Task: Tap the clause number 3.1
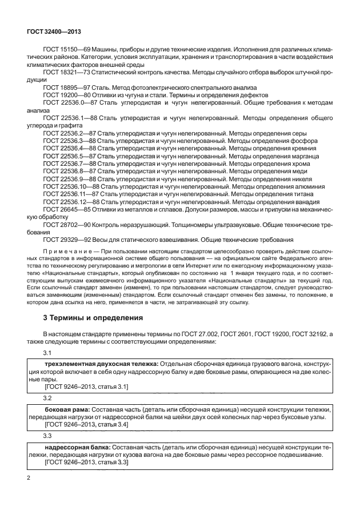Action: click(47, 353)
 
